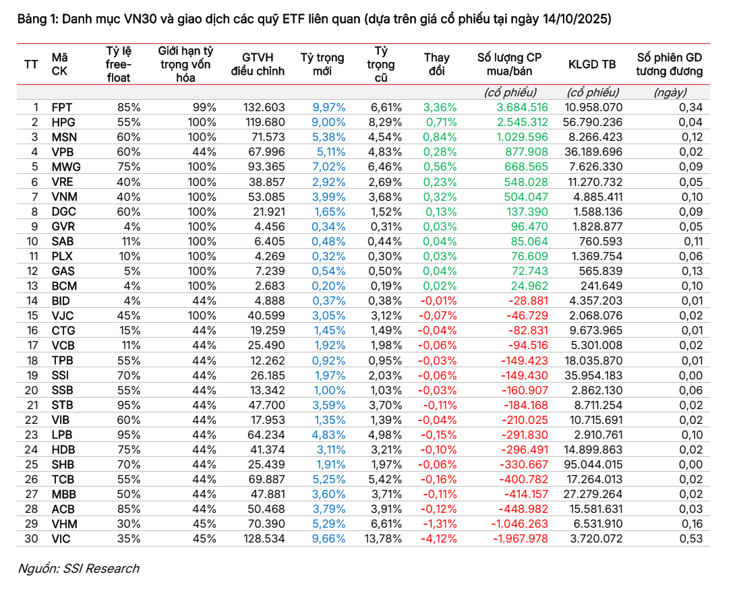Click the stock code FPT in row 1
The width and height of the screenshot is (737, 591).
click(62, 108)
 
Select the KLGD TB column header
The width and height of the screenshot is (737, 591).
click(592, 65)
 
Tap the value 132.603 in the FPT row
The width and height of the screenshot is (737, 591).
click(264, 108)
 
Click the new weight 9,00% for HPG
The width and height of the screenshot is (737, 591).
click(328, 123)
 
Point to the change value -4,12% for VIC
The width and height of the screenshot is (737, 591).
click(438, 539)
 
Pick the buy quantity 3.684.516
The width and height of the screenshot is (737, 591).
click(522, 108)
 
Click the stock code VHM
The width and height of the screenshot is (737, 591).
click(64, 524)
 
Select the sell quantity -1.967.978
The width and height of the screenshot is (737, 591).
click(521, 539)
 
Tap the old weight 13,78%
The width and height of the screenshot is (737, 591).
click(383, 539)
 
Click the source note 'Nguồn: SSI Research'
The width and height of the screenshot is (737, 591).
click(78, 569)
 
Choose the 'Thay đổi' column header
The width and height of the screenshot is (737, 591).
click(437, 65)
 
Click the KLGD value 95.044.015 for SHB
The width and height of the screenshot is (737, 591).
click(593, 464)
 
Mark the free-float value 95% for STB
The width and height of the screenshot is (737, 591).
click(129, 405)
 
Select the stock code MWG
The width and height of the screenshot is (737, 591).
click(66, 166)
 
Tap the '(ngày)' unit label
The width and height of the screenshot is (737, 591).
click(670, 92)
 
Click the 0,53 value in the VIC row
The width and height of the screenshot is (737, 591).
click(691, 539)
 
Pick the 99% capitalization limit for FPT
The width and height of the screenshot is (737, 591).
click(204, 108)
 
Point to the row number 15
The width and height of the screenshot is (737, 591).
click(32, 315)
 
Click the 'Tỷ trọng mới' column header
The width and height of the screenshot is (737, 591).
click(322, 65)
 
